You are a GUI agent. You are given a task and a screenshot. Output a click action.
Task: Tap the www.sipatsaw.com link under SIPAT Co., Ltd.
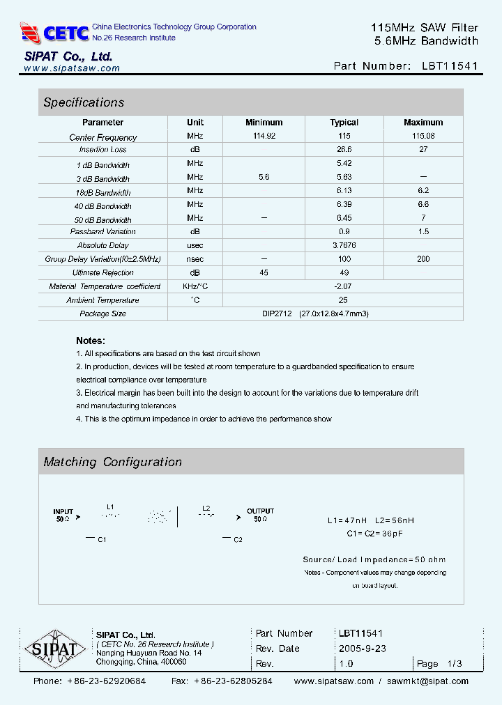tap(72, 68)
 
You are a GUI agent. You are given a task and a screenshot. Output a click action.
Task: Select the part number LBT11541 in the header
tap(450, 66)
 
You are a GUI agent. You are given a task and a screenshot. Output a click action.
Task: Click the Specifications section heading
tap(84, 102)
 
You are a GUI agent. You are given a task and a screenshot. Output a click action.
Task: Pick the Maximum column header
tap(423, 123)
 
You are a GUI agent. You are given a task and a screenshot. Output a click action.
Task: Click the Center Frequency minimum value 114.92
tap(264, 136)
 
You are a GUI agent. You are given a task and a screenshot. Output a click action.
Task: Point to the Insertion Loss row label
tap(103, 150)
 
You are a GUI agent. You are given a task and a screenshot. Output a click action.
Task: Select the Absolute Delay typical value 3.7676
tap(344, 245)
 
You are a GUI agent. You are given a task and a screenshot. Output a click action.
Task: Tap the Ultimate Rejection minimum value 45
tap(264, 272)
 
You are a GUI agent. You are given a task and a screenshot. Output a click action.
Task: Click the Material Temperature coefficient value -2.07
tap(344, 286)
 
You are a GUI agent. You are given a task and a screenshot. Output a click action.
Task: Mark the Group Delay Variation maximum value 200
tap(423, 259)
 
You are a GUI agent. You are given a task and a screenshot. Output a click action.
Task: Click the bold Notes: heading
tap(91, 341)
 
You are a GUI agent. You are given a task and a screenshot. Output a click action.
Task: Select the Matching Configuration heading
tap(112, 462)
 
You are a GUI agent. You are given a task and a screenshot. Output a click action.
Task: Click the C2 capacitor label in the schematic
tap(238, 540)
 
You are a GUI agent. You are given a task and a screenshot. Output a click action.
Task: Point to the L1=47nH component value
tap(347, 520)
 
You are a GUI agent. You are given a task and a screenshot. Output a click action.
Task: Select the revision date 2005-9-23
tap(363, 649)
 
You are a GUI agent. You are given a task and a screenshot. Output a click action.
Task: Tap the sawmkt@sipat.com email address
tap(427, 681)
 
